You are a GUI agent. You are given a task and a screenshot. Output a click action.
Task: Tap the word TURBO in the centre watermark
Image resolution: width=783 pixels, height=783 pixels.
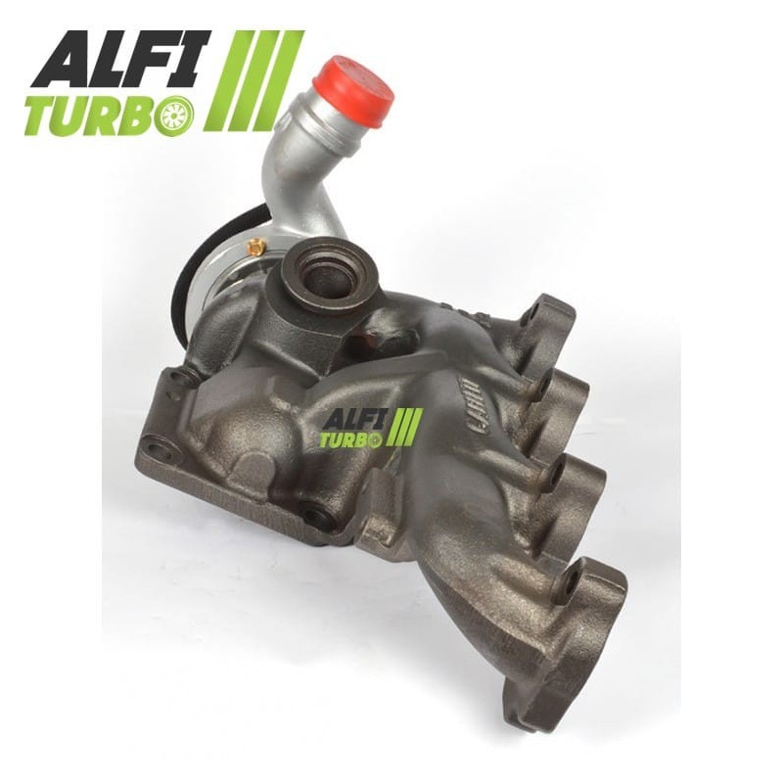349,440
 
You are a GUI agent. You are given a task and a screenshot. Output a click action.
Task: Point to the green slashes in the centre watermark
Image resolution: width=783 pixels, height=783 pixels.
405,428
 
